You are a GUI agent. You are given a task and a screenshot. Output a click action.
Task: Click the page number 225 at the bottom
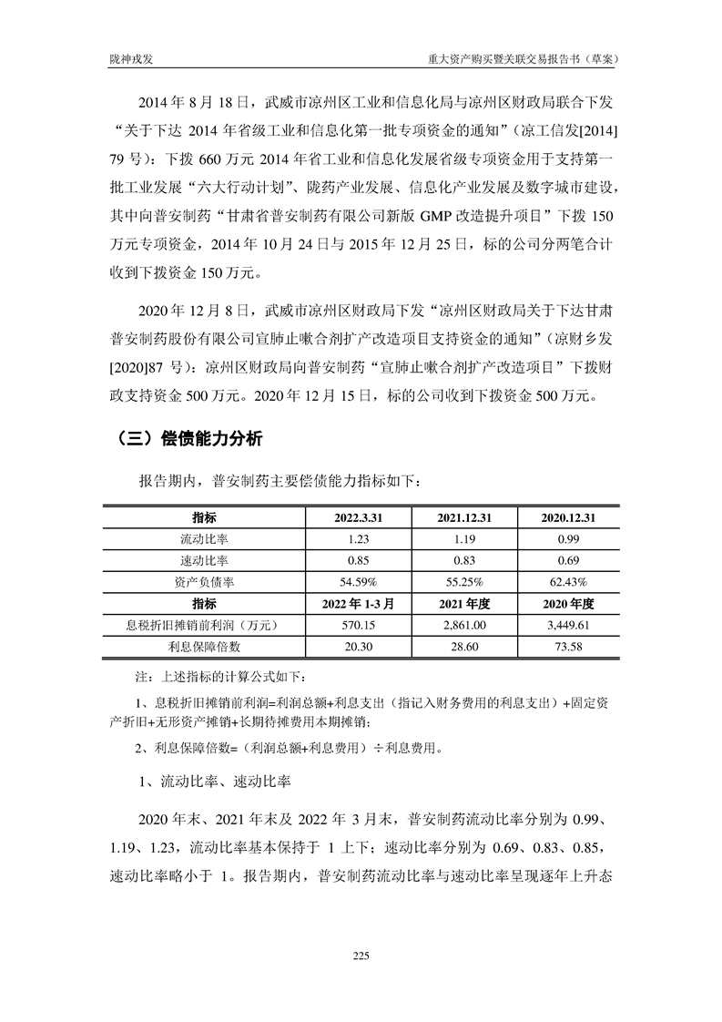point(361,956)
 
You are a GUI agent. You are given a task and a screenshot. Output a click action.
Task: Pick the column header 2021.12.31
point(464,517)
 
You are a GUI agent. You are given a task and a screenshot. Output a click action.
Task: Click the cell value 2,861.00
point(464,625)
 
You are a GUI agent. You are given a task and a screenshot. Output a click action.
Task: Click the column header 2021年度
point(464,603)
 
